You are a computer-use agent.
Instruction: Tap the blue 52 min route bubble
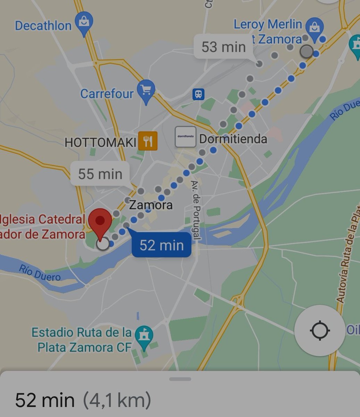(x=161, y=245)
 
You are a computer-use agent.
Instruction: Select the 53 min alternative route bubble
(x=224, y=47)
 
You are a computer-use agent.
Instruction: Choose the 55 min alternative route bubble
(x=100, y=174)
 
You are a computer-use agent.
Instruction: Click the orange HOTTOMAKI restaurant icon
(x=148, y=141)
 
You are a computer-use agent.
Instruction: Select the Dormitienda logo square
(x=185, y=136)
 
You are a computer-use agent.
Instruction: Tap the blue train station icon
(x=199, y=94)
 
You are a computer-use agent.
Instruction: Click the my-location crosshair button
(x=319, y=330)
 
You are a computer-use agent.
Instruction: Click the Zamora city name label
(x=151, y=205)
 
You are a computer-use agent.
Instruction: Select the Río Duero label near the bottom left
(x=40, y=273)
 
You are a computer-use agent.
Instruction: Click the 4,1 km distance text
(x=117, y=400)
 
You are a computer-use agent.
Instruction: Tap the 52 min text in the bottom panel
(x=45, y=400)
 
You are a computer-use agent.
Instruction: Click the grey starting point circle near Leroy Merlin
(x=306, y=51)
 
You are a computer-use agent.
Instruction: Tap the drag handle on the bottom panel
(x=180, y=379)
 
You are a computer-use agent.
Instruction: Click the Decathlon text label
(x=43, y=25)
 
